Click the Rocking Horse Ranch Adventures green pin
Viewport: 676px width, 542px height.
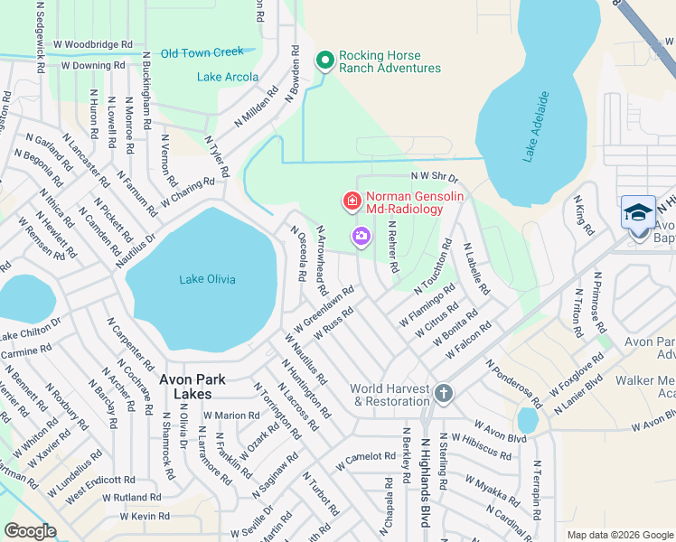click(325, 61)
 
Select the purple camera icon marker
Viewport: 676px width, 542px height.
click(361, 237)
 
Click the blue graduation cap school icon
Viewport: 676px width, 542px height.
click(638, 213)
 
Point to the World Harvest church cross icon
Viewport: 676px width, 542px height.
click(443, 393)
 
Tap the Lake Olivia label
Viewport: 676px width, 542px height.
click(207, 279)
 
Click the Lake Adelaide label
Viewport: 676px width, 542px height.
click(535, 126)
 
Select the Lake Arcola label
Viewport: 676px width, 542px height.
click(227, 77)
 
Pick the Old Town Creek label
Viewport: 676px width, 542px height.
click(202, 53)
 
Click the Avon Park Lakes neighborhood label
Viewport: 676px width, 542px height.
click(187, 388)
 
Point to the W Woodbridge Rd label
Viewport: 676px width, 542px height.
click(93, 43)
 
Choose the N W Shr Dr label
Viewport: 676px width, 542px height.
click(434, 177)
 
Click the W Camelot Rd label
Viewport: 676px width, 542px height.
click(365, 462)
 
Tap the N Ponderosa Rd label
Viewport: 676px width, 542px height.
click(513, 383)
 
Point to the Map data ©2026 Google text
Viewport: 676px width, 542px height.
click(619, 535)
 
